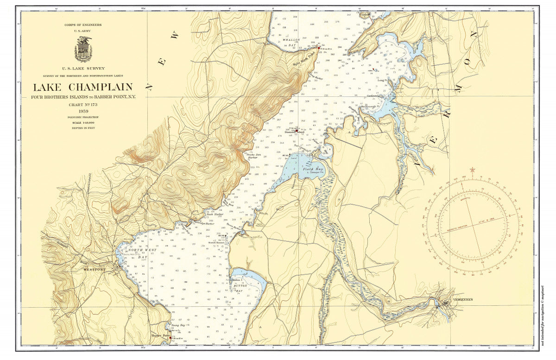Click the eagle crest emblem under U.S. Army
[83, 49]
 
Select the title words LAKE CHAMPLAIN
[82, 87]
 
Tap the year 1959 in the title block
[83, 111]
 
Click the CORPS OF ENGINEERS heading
[83, 25]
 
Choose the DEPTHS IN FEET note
[83, 127]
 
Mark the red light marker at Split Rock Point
[318, 47]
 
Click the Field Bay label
[313, 169]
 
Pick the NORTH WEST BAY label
[146, 253]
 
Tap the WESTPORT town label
[95, 269]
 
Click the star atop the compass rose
[472, 170]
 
